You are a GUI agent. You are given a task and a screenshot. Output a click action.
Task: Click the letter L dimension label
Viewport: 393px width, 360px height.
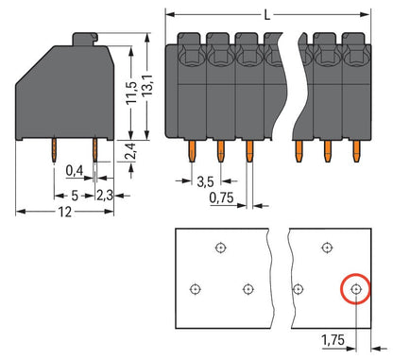(x=267, y=14)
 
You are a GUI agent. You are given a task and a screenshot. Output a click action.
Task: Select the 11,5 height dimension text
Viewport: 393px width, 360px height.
(x=131, y=93)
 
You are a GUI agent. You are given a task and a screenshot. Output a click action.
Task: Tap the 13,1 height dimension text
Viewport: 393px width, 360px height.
(x=147, y=85)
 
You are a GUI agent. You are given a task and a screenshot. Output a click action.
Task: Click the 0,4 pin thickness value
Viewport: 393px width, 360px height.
(x=75, y=171)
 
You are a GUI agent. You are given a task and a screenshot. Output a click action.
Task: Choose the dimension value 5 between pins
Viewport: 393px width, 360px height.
(x=75, y=196)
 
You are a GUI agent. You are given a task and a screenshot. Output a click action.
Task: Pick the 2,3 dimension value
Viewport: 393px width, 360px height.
(x=105, y=196)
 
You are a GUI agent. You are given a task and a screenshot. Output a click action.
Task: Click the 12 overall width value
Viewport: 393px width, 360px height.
(x=64, y=212)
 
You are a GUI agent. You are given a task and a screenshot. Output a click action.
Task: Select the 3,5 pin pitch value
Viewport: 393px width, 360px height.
(x=205, y=181)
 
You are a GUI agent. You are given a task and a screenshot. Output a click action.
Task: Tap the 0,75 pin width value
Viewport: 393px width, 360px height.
(x=222, y=197)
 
